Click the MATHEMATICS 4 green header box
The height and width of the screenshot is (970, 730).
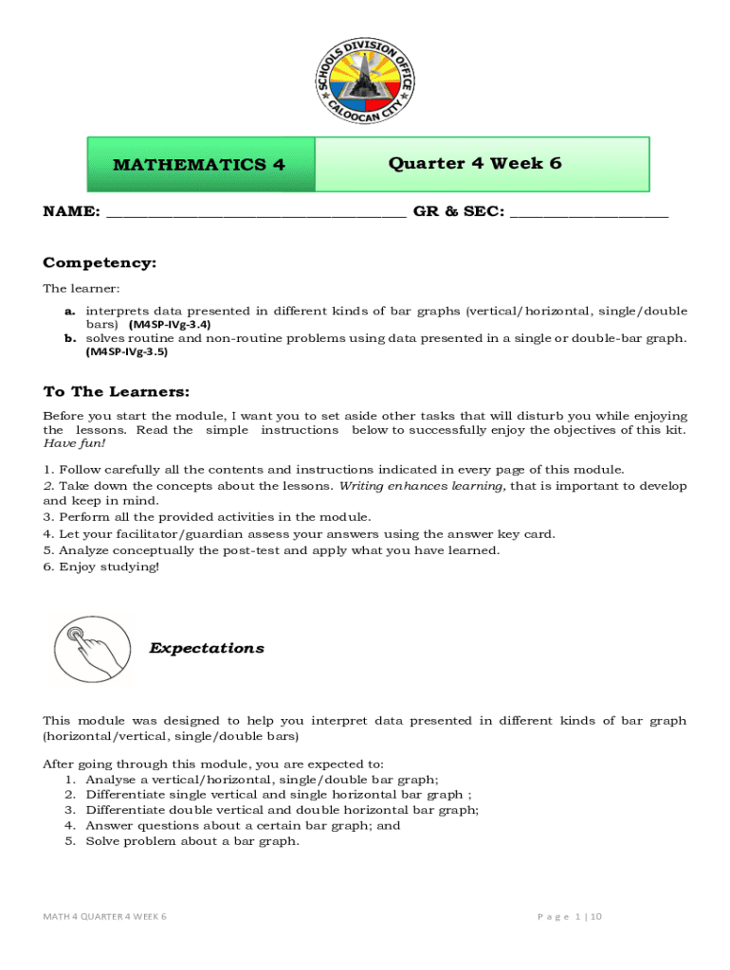[200, 165]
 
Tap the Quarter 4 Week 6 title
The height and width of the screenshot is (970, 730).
[475, 163]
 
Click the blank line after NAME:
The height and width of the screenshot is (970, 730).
[256, 213]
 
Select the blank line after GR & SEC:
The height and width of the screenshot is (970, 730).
[589, 213]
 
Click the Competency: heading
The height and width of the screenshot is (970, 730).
[100, 262]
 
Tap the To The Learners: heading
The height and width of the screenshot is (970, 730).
[117, 391]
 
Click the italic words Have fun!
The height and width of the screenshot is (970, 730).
[75, 443]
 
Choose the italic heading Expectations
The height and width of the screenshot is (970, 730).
[207, 649]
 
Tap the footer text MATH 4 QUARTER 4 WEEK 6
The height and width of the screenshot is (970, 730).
[105, 917]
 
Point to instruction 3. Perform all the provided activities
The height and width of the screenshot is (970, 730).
[207, 517]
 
